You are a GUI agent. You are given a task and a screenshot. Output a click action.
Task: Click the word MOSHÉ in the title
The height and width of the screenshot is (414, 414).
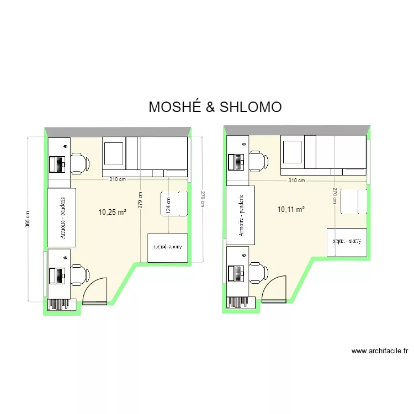point(174,107)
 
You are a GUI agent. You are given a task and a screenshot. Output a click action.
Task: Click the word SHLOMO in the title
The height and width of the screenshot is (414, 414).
point(251,107)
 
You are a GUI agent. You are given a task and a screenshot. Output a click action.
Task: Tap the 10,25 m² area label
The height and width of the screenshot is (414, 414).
point(113,211)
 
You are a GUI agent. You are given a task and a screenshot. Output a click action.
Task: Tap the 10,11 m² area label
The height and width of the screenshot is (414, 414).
point(291,209)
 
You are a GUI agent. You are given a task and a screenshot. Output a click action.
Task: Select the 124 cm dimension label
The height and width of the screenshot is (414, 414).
point(168,204)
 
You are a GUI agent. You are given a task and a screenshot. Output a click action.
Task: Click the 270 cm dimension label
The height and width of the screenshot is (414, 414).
point(335,195)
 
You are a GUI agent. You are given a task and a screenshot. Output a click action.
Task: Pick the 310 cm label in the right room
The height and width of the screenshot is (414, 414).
point(296,181)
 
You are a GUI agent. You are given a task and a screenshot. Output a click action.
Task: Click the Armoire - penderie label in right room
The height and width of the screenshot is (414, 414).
point(242,215)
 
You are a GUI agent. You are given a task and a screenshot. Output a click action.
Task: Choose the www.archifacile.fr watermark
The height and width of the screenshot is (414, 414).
point(379,351)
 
